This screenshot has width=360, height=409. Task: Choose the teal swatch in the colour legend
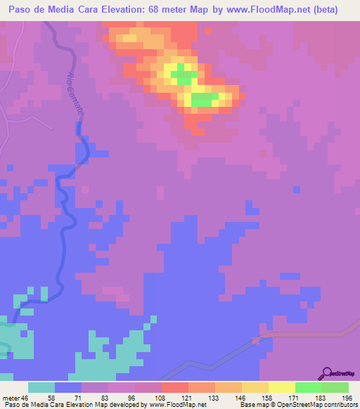(41, 387)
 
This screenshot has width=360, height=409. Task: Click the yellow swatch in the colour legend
(281, 387)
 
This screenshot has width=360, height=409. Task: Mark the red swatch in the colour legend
(174, 387)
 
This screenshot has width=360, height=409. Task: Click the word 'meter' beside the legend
(10, 397)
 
